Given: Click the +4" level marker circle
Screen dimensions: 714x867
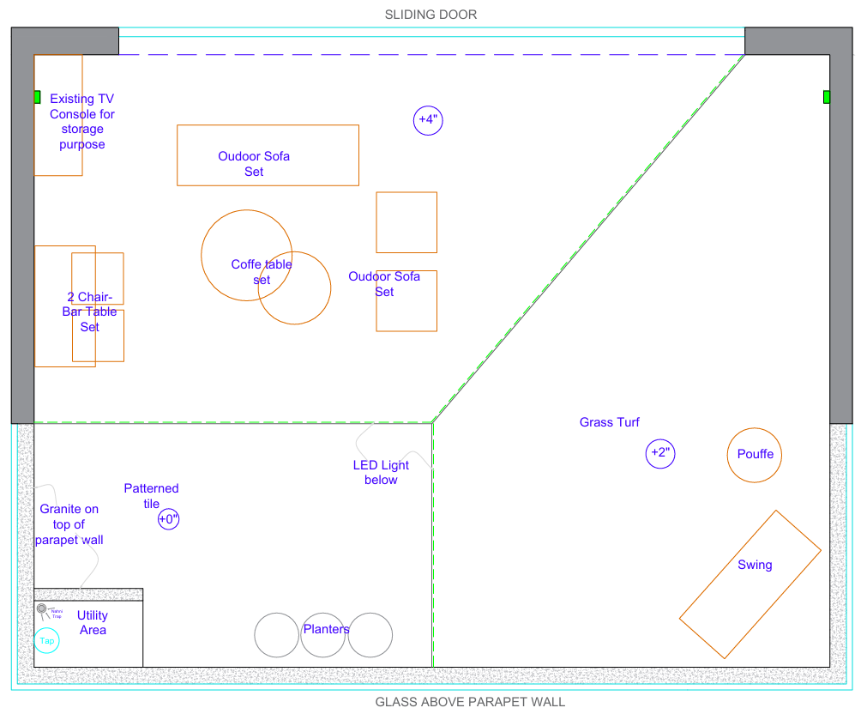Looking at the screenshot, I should coord(427,120).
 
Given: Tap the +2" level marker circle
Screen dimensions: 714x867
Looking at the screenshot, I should coord(660,452).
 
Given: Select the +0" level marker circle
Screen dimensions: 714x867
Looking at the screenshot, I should coord(168,518).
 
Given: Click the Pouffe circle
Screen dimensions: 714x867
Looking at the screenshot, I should coord(755,454).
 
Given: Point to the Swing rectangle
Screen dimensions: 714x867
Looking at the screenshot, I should coord(750,584).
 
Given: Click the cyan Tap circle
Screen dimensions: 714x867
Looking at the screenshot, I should coord(47,640).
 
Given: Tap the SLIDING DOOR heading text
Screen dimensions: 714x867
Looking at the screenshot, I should coord(430,15).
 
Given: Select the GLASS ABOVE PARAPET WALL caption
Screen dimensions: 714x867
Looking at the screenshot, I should coord(470,702).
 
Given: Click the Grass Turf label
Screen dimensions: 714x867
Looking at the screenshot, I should coord(609,422).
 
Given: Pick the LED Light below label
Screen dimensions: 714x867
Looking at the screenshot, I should coord(381,472).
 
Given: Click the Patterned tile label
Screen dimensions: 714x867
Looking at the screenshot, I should coord(151,496).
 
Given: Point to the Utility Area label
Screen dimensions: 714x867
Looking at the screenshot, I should coord(93,622).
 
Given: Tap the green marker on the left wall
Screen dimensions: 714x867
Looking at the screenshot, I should coord(37,97).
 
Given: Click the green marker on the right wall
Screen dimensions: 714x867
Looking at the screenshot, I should coord(827,97).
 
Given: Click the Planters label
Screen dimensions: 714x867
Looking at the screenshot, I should coord(326,629).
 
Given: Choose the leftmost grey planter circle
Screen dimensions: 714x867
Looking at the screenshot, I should coord(276,636).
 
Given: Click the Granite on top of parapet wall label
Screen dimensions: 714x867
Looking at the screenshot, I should coord(69,524).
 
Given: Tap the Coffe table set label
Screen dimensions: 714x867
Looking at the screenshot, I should coord(261,272).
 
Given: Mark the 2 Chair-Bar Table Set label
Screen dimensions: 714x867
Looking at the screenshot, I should coord(89,312).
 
